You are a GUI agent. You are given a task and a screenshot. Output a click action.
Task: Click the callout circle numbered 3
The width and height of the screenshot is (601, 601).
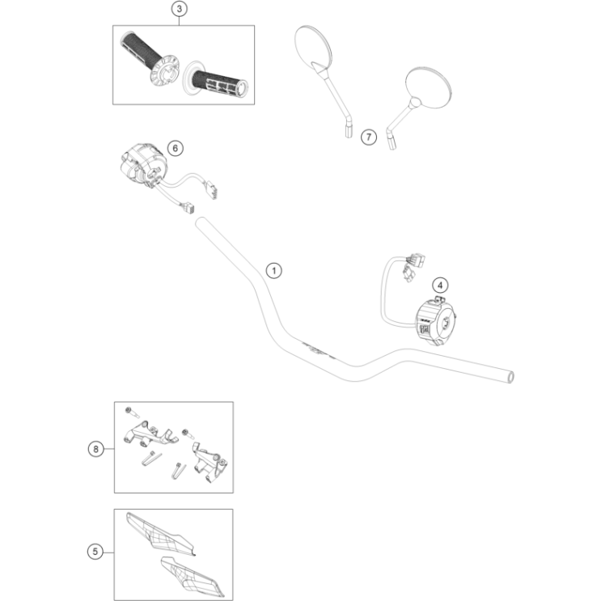[x=180, y=9]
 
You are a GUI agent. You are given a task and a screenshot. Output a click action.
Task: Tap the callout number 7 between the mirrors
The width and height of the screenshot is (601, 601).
[x=368, y=137]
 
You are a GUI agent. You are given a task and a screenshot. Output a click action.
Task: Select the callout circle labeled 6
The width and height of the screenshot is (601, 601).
[x=176, y=147]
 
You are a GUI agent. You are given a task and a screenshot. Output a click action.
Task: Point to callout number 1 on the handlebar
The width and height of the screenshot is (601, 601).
[x=274, y=270]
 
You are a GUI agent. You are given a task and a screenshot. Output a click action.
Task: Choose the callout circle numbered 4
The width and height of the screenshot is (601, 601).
[x=439, y=284]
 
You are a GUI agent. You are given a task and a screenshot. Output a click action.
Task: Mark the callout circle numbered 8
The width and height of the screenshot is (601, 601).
[x=96, y=448]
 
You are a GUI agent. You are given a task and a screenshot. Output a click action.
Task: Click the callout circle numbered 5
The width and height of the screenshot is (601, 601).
[x=96, y=552]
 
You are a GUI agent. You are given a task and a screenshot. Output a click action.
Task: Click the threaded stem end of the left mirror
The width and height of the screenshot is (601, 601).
[x=349, y=129]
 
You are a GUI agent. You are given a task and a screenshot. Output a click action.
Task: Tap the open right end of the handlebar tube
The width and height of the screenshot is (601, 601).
[x=510, y=376]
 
